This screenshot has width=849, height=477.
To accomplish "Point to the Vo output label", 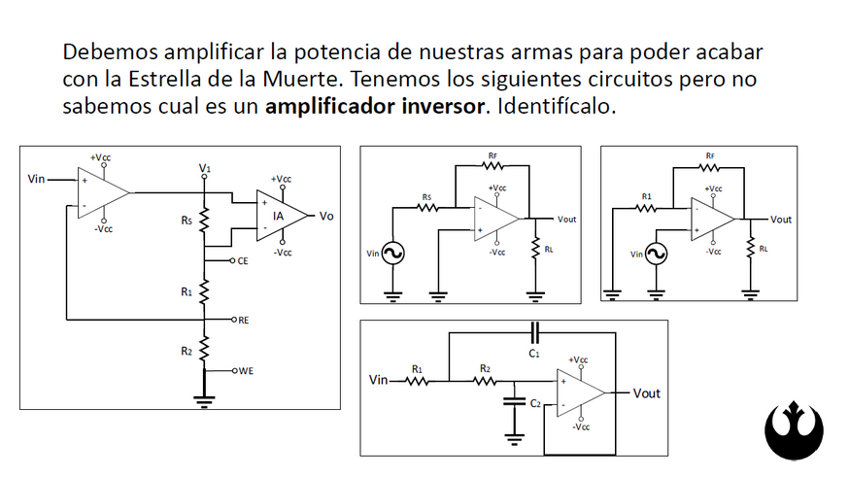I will [x=325, y=216].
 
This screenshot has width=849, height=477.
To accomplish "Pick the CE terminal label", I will [x=242, y=261].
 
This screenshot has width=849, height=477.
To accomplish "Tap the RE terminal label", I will [x=243, y=319].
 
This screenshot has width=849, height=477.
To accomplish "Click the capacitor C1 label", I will [x=535, y=354].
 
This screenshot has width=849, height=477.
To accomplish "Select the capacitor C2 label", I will [x=535, y=402].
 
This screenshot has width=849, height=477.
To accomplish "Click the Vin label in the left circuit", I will [x=37, y=179].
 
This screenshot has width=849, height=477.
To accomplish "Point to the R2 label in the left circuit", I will [x=186, y=351].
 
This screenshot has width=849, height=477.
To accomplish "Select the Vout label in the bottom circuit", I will [x=647, y=393].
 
